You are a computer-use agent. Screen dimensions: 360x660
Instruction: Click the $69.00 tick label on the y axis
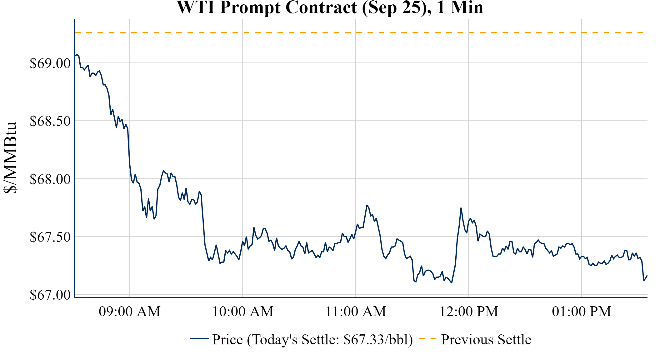pos(50,63)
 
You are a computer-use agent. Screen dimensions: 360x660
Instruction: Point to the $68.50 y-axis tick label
pos(50,121)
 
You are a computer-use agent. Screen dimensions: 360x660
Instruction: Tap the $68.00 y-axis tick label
pos(50,179)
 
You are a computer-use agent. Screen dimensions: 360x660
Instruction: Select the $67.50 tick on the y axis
pos(50,237)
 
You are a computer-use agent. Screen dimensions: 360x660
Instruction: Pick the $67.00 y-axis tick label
pos(50,295)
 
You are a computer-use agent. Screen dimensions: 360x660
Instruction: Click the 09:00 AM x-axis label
pos(130,312)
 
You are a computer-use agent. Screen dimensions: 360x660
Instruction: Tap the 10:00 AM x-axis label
pos(243,312)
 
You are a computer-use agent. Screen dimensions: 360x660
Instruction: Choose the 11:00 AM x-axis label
pos(356,312)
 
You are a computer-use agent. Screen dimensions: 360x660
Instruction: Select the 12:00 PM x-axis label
pos(469,312)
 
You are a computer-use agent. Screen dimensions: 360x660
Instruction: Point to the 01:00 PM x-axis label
pos(582,312)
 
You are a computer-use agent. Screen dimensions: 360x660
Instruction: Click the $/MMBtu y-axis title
pos(10,158)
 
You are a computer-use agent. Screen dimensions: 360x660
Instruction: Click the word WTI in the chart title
pos(196,7)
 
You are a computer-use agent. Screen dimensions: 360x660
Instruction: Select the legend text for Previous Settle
pos(486,340)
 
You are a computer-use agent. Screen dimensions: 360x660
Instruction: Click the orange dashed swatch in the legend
pos(427,338)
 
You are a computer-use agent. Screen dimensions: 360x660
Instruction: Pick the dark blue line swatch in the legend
pos(199,338)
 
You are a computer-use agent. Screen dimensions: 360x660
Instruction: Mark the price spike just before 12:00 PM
pos(461,208)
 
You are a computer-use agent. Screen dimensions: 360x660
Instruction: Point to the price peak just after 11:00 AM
pos(367,206)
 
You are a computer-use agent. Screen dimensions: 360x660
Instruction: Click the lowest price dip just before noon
pos(452,282)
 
